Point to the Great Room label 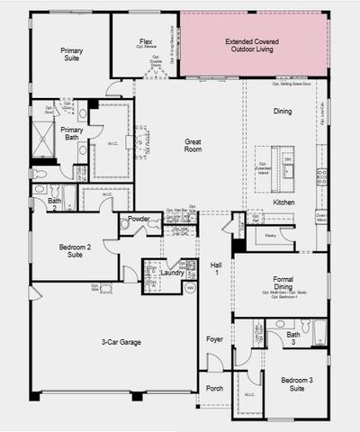[193, 145]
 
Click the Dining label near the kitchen [282, 111]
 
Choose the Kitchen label [283, 202]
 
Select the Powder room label [139, 219]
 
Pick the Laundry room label [172, 272]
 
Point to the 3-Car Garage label [115, 343]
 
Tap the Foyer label [215, 339]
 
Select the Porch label [215, 389]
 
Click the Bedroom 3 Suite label [295, 386]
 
